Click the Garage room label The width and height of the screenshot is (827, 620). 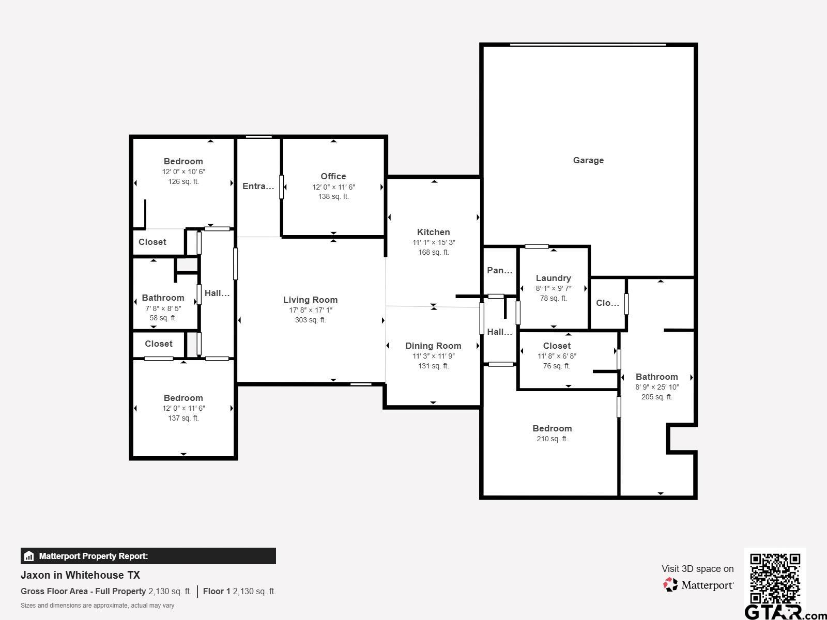point(588,160)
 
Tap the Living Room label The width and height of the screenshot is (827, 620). point(310,300)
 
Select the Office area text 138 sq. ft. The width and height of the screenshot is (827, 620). point(333,196)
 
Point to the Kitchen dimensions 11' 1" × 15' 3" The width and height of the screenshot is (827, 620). point(434,242)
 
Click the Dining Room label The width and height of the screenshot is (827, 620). point(433,346)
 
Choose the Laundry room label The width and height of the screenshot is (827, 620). point(554,278)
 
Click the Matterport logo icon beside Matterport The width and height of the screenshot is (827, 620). point(670,585)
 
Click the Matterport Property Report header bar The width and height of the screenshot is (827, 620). point(148,556)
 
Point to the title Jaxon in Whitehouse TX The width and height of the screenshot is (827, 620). point(80,575)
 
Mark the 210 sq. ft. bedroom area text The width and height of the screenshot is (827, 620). point(552,439)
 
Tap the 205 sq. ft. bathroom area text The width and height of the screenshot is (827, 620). point(657,397)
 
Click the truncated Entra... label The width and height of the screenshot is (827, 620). point(258,186)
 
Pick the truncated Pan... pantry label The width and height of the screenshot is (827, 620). point(500,270)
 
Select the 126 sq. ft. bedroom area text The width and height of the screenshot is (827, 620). point(183,181)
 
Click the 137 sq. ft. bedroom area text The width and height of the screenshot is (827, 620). point(183,418)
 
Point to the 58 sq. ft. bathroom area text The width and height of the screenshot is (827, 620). point(163,318)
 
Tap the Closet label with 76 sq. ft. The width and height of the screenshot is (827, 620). point(557,346)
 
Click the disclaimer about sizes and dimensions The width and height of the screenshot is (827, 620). point(97,606)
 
